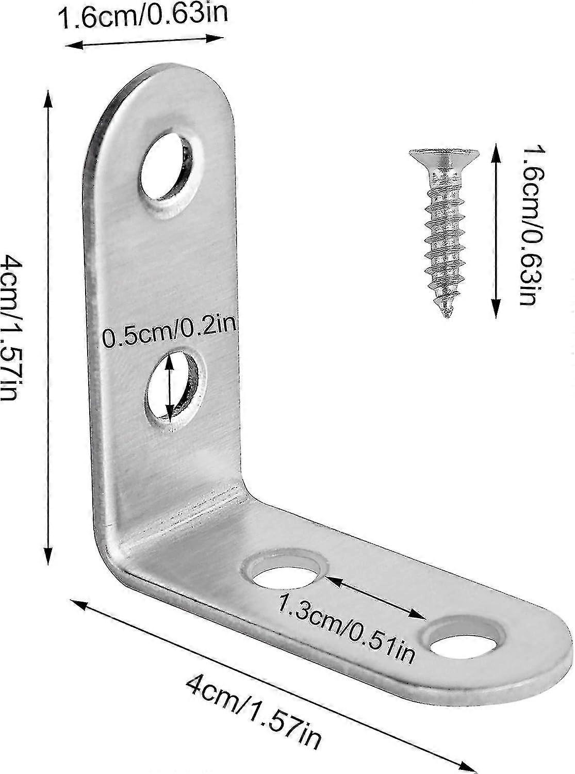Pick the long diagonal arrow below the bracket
pyautogui.click(x=273, y=686)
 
